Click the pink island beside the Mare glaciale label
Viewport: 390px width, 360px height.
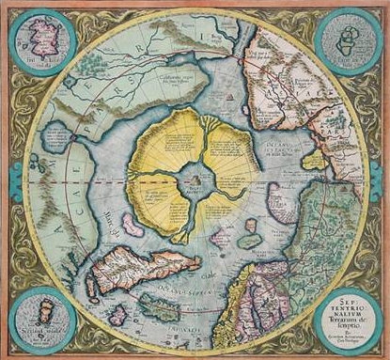click(132, 226)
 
